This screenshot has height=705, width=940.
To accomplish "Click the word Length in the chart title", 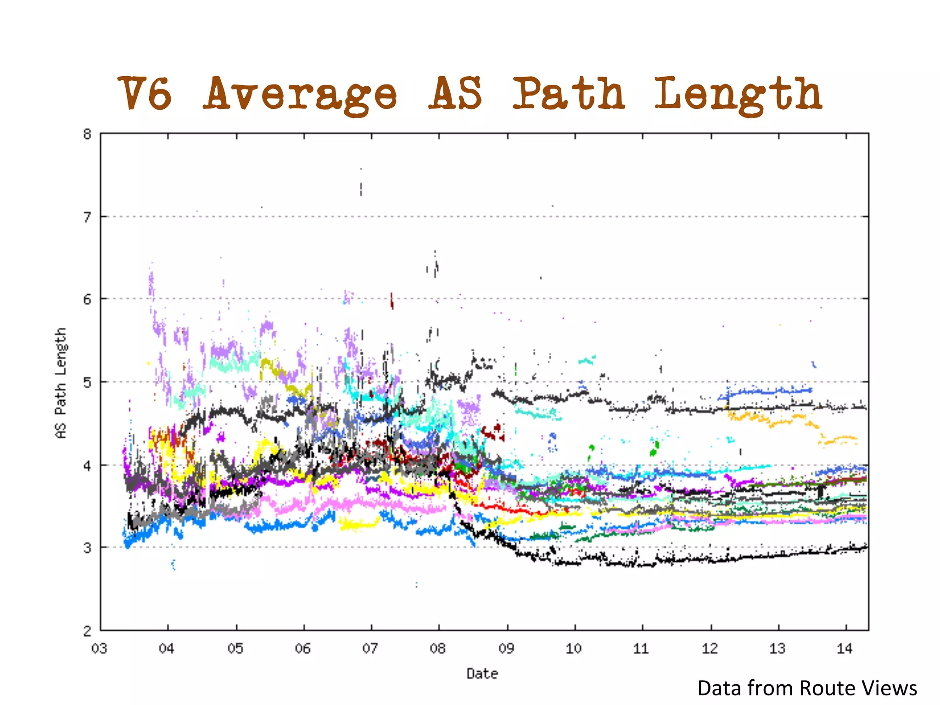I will (738, 95).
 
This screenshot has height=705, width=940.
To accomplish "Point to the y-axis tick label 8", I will (87, 134).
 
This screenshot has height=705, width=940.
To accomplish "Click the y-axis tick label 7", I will (87, 217).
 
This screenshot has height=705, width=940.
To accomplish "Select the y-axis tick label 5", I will (87, 382).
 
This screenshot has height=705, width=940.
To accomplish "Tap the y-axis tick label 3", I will (87, 548).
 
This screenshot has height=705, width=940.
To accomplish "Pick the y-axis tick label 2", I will (87, 631).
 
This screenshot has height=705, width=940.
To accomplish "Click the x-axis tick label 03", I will (99, 649).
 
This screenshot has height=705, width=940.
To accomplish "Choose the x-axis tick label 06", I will (303, 649).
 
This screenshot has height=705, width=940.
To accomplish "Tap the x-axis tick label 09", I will (506, 649).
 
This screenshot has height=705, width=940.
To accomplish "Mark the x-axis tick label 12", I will (710, 649).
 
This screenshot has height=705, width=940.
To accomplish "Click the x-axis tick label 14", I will (845, 649).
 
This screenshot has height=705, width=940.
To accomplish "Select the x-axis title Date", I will (482, 674).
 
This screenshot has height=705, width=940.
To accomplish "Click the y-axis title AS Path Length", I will (61, 383).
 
